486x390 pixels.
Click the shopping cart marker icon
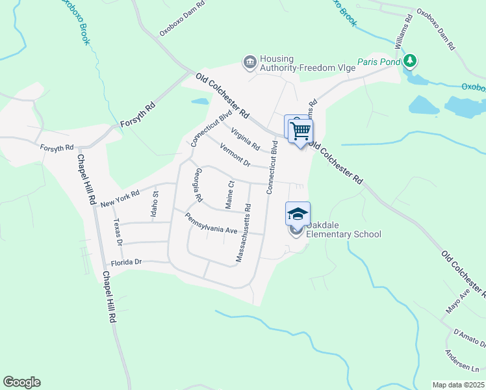pos(301,131)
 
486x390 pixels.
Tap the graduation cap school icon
pos(298,214)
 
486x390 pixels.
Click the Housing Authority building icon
pos(249,62)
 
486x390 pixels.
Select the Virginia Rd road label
pos(245,137)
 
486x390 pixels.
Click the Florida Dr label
pos(126,263)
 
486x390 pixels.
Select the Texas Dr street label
pos(118,231)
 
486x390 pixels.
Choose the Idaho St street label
pos(155,203)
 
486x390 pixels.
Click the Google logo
pos(21,382)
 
